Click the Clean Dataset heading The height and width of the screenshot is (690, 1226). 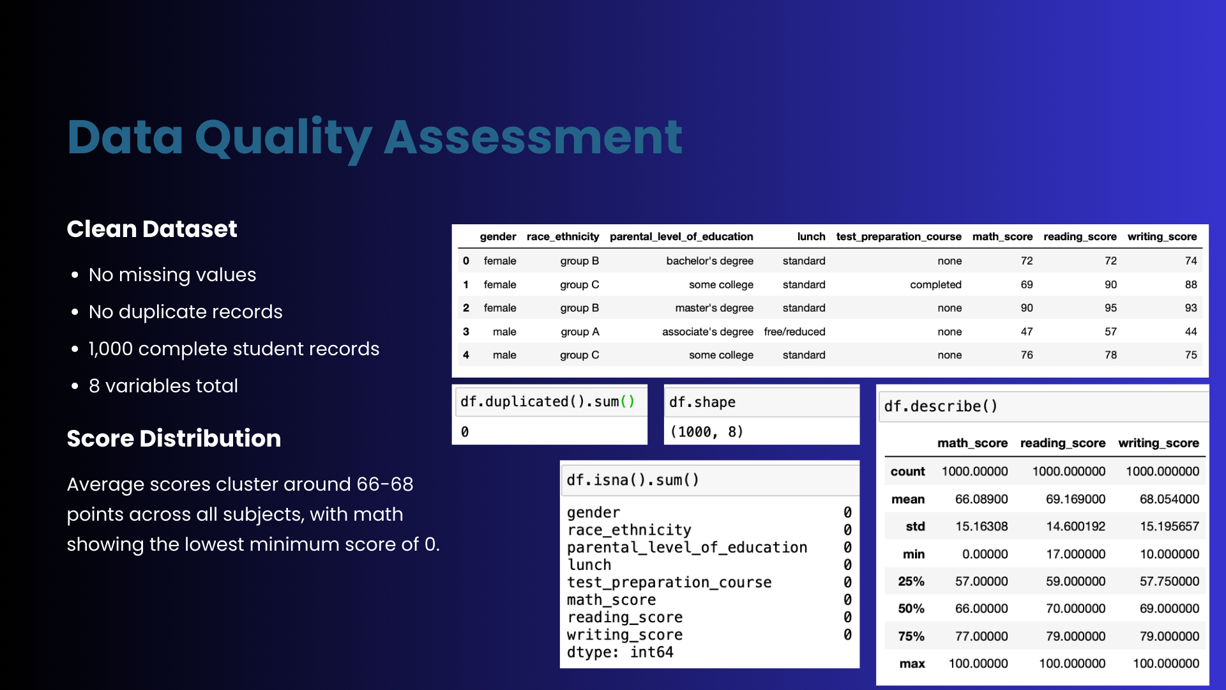pos(152,229)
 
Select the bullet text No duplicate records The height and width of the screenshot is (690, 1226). pos(186,312)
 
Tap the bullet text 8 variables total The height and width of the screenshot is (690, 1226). pos(163,386)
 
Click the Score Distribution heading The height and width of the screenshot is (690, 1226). pos(174,438)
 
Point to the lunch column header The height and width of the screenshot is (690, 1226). pos(811,236)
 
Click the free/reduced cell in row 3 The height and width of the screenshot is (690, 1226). pos(794,332)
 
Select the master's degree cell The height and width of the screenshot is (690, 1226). pos(715,308)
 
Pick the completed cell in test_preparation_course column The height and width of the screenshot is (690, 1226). pos(935,284)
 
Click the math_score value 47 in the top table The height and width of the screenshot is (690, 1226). pos(1027,332)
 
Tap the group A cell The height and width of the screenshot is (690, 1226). pos(580,332)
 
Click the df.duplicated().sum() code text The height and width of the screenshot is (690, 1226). pos(547,402)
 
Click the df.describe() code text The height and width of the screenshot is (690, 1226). pos(941,406)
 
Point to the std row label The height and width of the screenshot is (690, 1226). pos(915,526)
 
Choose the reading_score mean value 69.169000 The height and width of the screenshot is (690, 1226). pos(1075,499)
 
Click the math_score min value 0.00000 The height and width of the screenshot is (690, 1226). pos(985,554)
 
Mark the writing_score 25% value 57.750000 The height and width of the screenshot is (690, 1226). pos(1169,581)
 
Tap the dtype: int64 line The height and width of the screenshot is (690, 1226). pos(620,652)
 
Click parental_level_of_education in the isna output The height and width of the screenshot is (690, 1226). pos(687,548)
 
